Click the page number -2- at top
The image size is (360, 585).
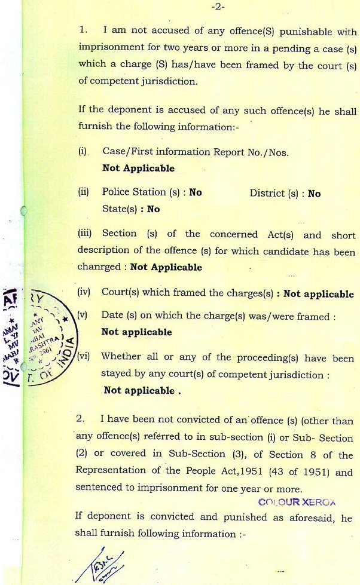(x=217, y=8)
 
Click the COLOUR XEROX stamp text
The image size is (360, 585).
(x=297, y=503)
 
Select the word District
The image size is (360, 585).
(x=267, y=193)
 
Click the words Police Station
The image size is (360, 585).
(x=134, y=192)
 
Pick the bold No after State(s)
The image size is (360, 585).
(x=154, y=209)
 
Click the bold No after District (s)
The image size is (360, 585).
(x=314, y=194)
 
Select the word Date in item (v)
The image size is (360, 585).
(x=112, y=315)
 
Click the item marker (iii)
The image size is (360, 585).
(x=86, y=234)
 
